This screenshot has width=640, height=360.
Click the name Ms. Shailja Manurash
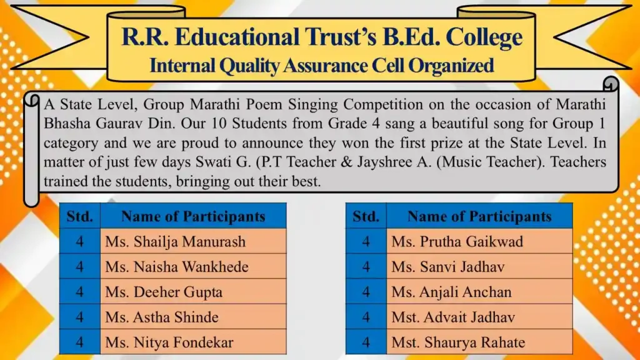(x=175, y=242)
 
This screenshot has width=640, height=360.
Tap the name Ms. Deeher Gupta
(x=164, y=292)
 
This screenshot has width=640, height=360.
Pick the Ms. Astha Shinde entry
(x=162, y=317)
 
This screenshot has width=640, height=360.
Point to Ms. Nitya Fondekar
(x=169, y=342)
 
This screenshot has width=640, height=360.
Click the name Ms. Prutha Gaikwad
(x=457, y=242)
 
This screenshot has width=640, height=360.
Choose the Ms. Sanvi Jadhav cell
(x=448, y=267)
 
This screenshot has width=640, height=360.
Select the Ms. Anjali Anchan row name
(x=451, y=292)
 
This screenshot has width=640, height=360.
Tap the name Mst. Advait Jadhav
(x=453, y=317)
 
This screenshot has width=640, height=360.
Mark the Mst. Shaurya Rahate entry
(x=458, y=342)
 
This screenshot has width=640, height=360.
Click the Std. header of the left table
(x=79, y=216)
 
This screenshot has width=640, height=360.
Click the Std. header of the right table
(x=366, y=216)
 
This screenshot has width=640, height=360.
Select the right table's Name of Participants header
(x=479, y=216)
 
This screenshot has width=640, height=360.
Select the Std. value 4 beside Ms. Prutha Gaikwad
(x=366, y=242)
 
